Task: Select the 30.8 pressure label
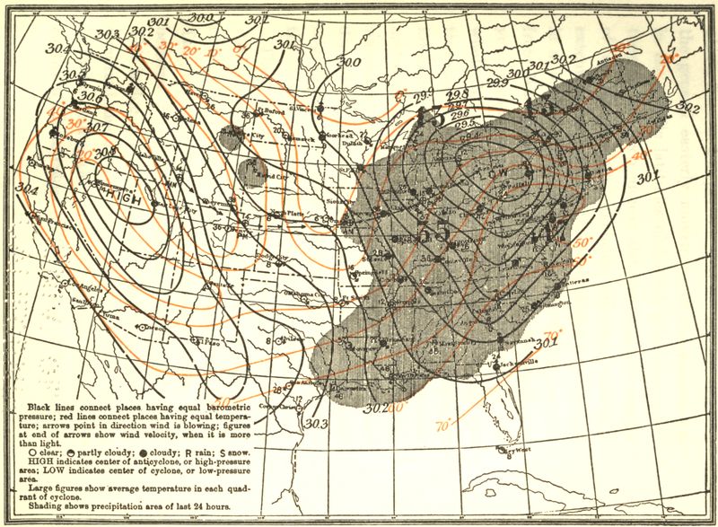point(106,153)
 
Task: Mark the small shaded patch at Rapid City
point(257,168)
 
